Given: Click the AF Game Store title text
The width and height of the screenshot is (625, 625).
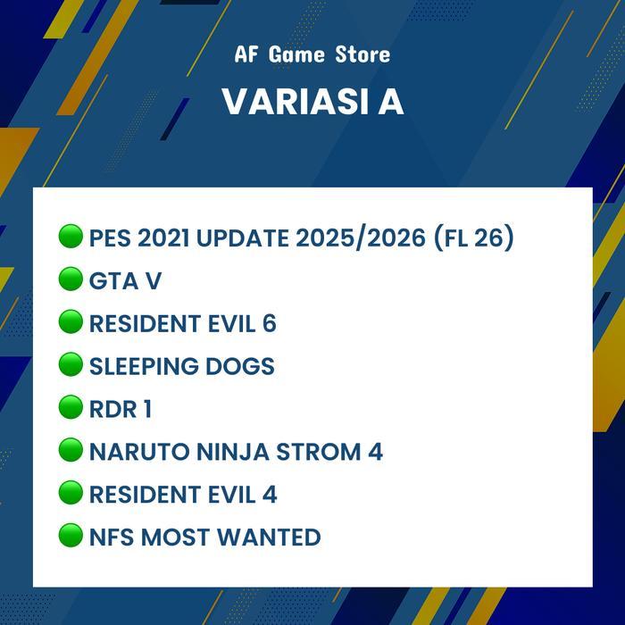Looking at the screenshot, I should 312,54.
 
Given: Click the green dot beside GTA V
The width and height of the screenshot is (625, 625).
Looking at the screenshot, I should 71,279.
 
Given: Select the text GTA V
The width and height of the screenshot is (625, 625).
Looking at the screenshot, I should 125,281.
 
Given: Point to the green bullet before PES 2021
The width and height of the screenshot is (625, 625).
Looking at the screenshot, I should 71,237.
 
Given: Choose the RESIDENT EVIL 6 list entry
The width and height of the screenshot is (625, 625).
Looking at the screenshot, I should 182,323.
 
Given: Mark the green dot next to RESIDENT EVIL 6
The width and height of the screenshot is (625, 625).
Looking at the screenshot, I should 71,321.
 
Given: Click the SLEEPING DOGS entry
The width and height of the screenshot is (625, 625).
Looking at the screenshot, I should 181,366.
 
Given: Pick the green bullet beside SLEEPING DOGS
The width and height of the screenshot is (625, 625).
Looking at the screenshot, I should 71,364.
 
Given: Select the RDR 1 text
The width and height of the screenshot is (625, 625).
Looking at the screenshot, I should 120,409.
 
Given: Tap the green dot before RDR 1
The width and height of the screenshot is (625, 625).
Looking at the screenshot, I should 71,407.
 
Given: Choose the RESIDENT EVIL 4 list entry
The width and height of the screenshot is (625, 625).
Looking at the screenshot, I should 182,494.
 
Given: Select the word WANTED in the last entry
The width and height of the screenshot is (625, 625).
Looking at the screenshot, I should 269,537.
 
